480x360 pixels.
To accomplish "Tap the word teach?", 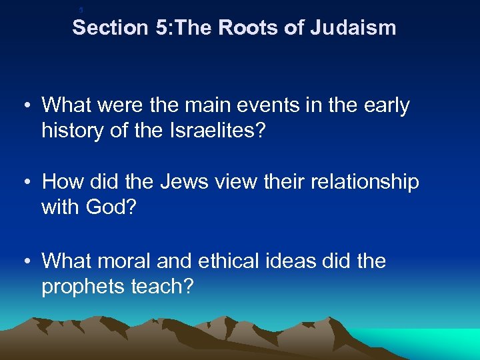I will [x=163, y=286].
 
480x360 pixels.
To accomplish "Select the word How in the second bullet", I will [x=61, y=183].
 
